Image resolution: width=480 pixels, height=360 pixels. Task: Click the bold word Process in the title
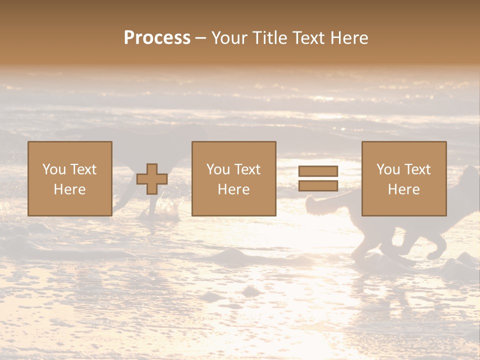click(x=157, y=38)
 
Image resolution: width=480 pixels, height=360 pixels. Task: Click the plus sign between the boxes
click(x=152, y=179)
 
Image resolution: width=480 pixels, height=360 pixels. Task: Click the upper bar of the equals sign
click(x=318, y=171)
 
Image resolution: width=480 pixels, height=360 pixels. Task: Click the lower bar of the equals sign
click(x=318, y=186)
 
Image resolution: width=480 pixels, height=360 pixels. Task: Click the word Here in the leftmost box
click(x=69, y=189)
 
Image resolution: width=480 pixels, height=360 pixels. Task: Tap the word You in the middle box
click(x=218, y=169)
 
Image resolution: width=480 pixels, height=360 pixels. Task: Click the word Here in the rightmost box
click(x=403, y=189)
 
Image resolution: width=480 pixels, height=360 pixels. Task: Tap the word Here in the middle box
click(x=233, y=189)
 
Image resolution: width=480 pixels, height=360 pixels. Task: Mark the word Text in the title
click(x=306, y=38)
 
